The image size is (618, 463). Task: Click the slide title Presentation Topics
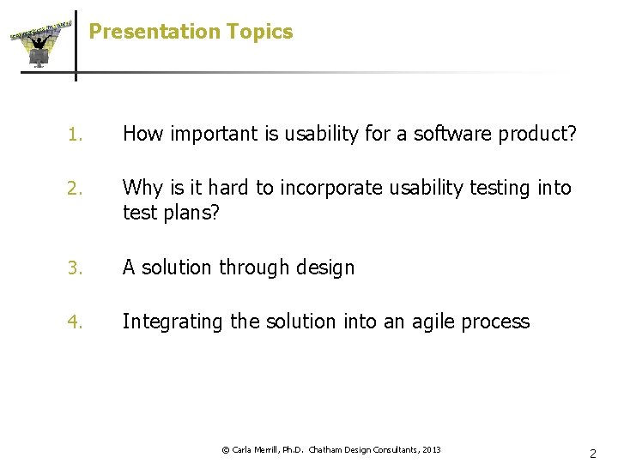point(191,32)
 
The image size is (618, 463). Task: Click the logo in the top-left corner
point(39,44)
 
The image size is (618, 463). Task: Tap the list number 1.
point(75,135)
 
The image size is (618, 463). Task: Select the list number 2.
point(75,189)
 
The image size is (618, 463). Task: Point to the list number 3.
point(75,268)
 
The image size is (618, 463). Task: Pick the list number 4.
point(75,322)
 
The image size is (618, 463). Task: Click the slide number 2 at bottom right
point(592,453)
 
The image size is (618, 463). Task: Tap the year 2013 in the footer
point(432,449)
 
